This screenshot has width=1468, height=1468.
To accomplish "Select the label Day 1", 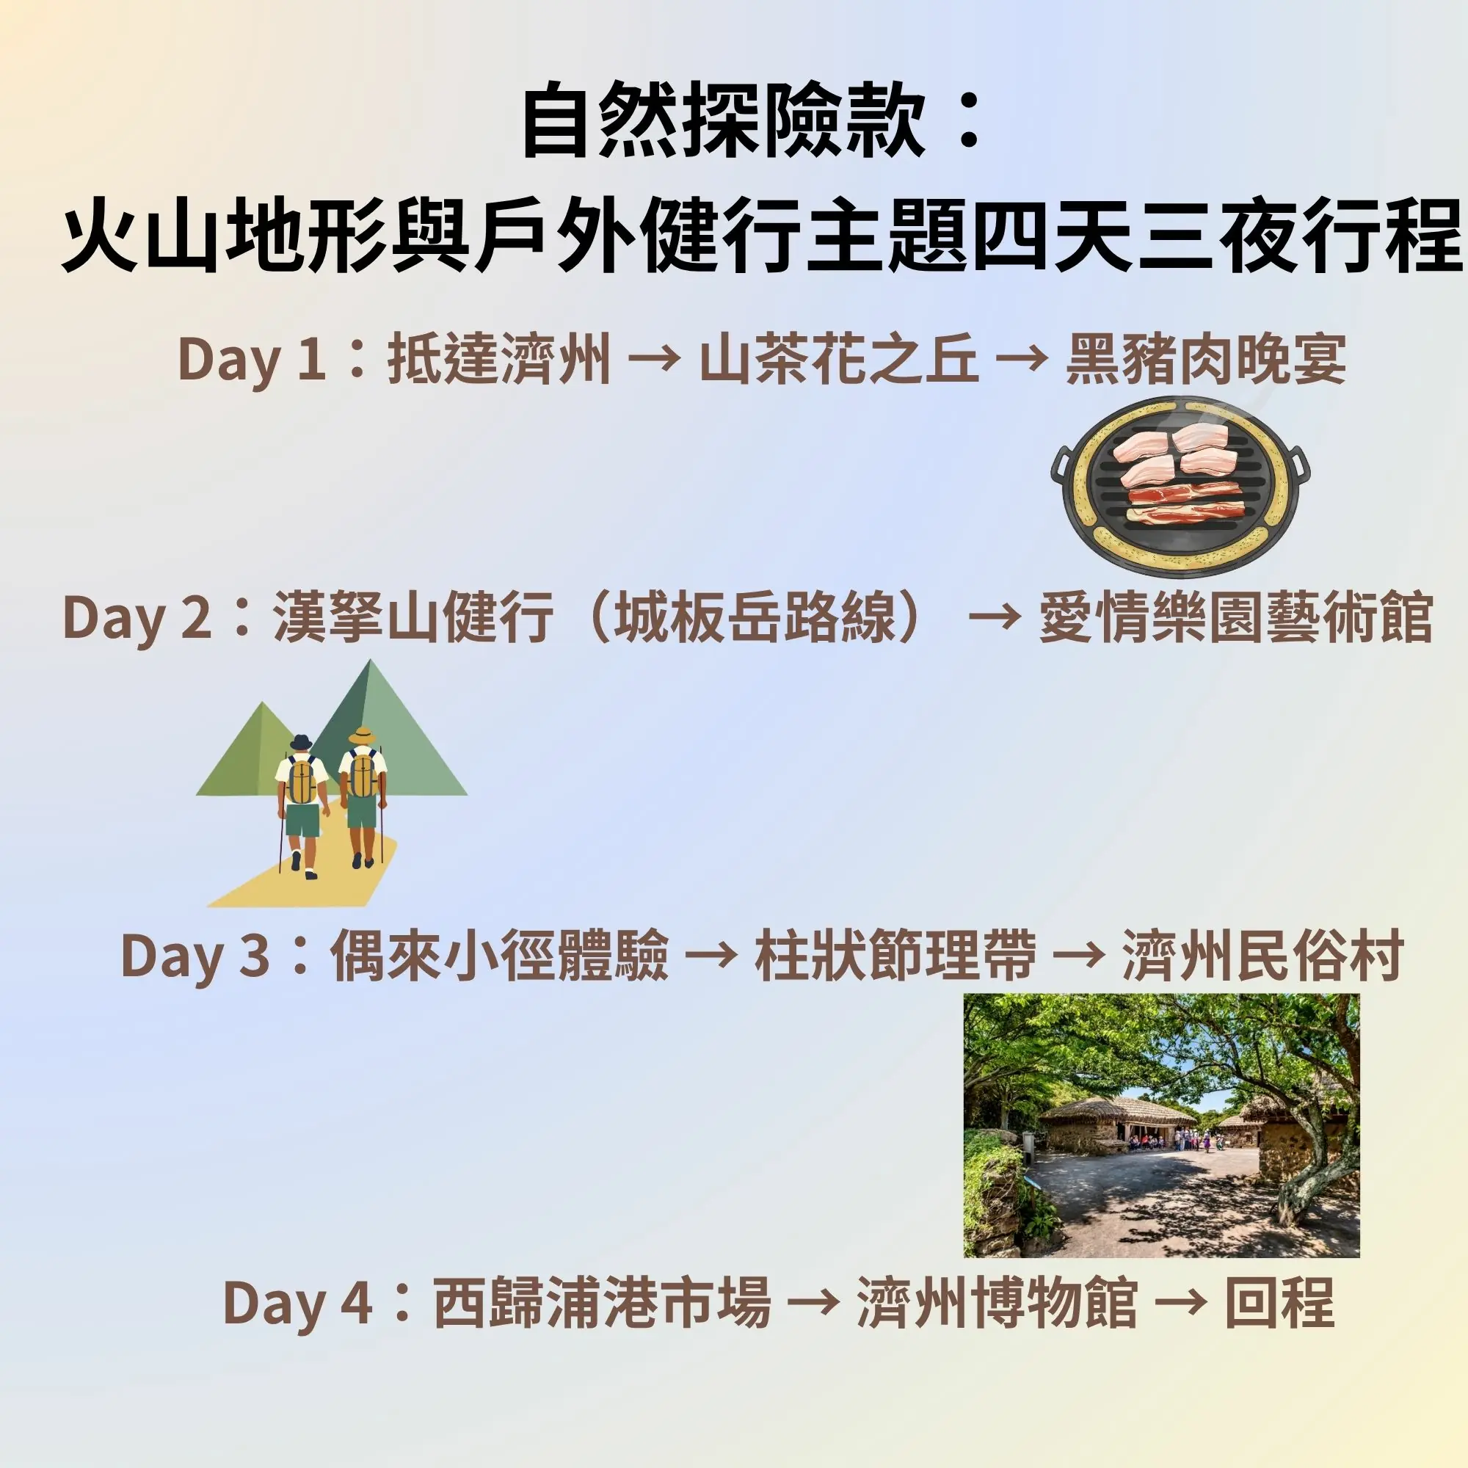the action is click(252, 360).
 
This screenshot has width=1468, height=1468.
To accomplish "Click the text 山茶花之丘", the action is click(838, 360).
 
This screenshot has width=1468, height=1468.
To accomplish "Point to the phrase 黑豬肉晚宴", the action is click(1206, 360).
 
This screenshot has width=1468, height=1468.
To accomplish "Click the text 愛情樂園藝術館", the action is click(1235, 617).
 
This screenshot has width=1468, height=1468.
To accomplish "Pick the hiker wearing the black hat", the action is click(302, 806).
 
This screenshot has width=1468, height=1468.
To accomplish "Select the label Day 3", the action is click(195, 955).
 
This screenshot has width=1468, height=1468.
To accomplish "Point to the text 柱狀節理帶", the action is click(894, 955).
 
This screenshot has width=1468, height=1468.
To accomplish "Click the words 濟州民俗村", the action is click(1262, 955).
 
